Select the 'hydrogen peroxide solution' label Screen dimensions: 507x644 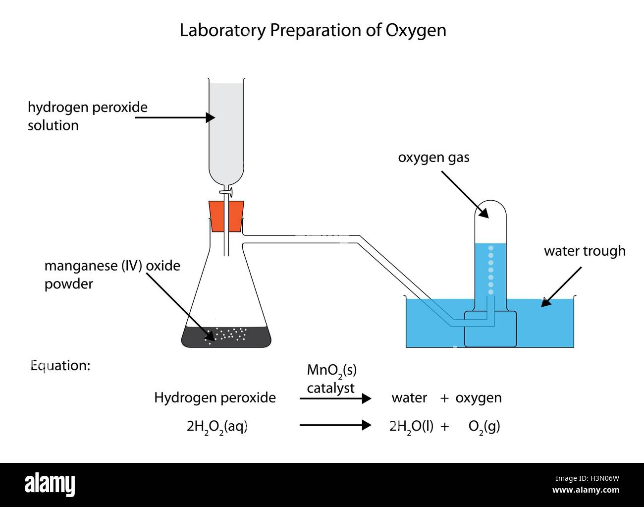87,116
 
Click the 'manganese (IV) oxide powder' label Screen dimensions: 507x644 112,275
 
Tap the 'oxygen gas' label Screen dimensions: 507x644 433,158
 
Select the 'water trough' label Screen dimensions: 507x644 585,251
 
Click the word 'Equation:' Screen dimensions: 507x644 60,366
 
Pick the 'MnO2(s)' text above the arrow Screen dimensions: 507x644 331,370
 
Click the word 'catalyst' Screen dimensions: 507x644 330,388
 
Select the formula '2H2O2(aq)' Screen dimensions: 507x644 217,427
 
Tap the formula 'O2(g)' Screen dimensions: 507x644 484,427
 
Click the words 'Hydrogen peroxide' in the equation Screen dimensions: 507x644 215,397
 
